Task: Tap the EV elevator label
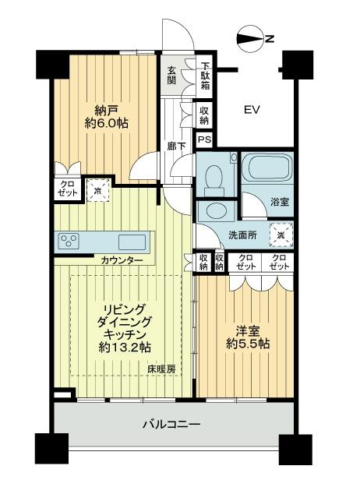point(252,109)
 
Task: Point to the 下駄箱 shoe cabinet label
point(205,76)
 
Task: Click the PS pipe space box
point(203,139)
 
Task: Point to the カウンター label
point(121,260)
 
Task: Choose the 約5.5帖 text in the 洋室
point(245,343)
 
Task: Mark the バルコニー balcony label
point(171,425)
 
